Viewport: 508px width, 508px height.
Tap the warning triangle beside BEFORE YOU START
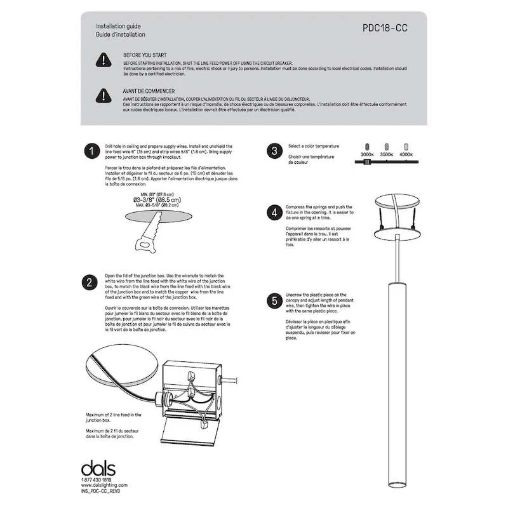103,60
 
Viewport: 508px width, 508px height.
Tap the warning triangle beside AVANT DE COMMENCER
103,95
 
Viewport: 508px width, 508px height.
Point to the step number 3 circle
274,151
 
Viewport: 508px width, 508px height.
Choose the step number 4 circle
274,213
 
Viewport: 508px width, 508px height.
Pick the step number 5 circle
274,300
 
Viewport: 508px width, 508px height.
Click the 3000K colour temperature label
367,154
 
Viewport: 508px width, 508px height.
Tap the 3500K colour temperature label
387,154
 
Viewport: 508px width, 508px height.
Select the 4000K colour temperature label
406,154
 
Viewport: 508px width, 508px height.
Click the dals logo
98,469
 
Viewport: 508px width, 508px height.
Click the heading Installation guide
118,26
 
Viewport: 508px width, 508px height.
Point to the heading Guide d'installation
121,34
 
